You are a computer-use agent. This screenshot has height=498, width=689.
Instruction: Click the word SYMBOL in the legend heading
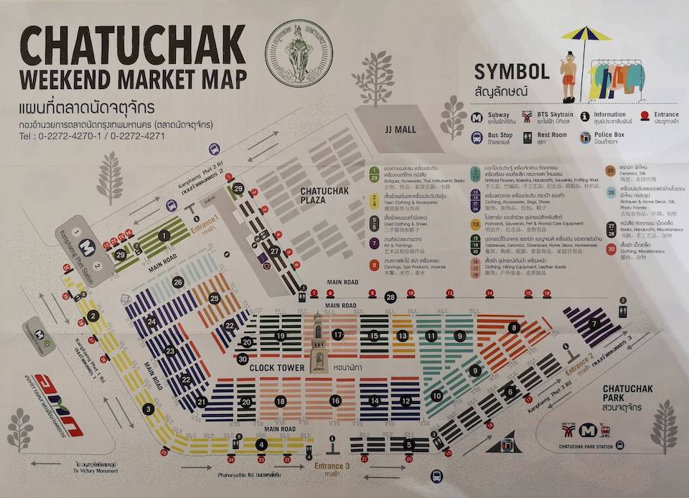[x=512, y=71]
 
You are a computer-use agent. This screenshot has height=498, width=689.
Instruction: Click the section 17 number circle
[x=338, y=334]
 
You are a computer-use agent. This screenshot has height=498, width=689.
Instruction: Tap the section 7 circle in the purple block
[x=594, y=324]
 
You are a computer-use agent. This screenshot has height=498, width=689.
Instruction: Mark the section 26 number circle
[x=178, y=282]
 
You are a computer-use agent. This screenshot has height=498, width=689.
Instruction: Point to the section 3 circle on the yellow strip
[x=148, y=409]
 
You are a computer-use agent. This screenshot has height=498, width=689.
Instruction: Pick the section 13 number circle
[x=403, y=335]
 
